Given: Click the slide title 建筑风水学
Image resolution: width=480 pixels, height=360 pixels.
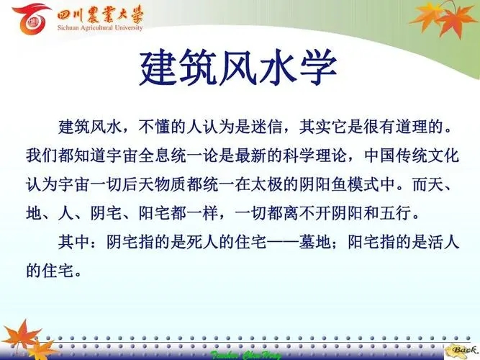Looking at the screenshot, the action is click(238, 68).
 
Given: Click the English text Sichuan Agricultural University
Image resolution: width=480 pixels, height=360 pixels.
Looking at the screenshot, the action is click(100, 27).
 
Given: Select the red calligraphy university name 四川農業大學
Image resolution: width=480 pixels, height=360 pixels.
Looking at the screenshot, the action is click(100, 14).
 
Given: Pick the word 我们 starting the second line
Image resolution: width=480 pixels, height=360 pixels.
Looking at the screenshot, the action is click(42, 156).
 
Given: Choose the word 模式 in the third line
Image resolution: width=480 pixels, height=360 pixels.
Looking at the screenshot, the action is click(363, 184).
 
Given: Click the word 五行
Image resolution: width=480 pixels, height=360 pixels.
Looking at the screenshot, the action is click(395, 213).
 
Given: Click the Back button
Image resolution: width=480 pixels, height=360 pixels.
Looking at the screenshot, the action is click(462, 351).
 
